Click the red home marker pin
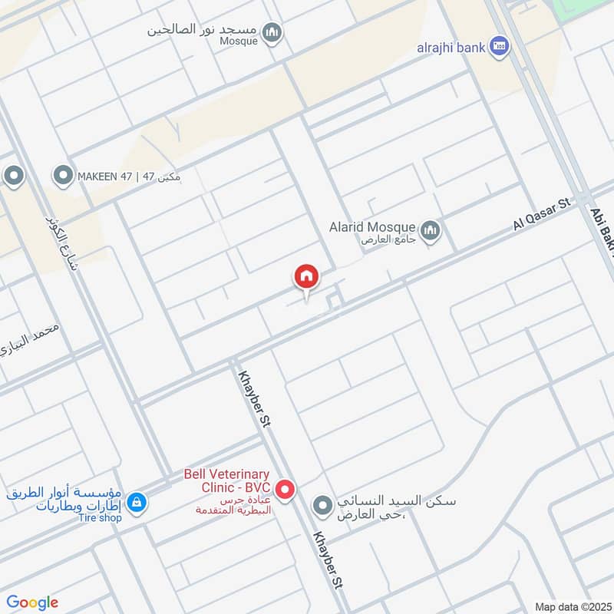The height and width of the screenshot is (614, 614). coord(305,277)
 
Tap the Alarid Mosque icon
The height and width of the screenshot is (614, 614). coord(430,229)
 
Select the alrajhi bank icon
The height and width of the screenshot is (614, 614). coord(500,47)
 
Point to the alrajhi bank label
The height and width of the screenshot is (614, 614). coord(451,48)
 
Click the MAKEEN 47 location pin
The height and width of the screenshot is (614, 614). coord(62,177)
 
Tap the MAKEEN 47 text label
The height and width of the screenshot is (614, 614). coord(129,177)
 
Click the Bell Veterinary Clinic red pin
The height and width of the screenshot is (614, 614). coord(286,489)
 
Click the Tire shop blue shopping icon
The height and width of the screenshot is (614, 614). coord(136,503)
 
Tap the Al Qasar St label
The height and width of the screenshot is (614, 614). coord(543,214)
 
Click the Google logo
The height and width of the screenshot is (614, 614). coord(32,602)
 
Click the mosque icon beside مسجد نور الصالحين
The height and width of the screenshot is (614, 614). coord(271,32)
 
